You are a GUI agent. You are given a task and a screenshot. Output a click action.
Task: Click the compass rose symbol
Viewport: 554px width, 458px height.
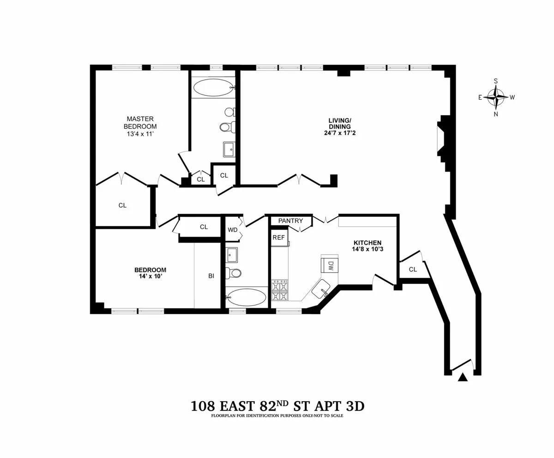(496, 98)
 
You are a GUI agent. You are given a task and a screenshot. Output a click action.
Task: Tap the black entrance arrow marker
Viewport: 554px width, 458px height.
(463, 377)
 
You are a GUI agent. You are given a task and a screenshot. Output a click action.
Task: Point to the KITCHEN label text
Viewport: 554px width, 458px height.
(367, 243)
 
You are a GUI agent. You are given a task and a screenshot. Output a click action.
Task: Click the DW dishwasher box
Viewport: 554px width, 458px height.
(330, 264)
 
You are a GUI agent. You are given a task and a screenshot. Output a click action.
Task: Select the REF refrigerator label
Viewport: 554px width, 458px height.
(278, 237)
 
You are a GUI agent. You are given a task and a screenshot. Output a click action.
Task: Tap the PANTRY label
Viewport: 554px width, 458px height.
(290, 221)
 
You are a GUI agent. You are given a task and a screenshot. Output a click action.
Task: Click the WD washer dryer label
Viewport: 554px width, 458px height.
(232, 230)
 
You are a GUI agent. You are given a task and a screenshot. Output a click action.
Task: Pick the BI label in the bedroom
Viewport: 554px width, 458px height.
(211, 276)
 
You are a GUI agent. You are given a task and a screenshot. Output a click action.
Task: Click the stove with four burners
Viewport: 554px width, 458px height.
(279, 290)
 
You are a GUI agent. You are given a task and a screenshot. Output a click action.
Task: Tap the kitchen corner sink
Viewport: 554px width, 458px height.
(320, 290)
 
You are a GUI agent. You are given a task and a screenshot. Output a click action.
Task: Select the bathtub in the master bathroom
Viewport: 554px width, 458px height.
(214, 87)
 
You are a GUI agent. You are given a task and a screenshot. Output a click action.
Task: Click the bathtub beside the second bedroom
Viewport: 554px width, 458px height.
(246, 298)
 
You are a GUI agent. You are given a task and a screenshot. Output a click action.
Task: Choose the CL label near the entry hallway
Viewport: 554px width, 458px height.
(413, 269)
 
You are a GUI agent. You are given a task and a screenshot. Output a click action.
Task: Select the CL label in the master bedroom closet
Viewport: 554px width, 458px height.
(122, 206)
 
